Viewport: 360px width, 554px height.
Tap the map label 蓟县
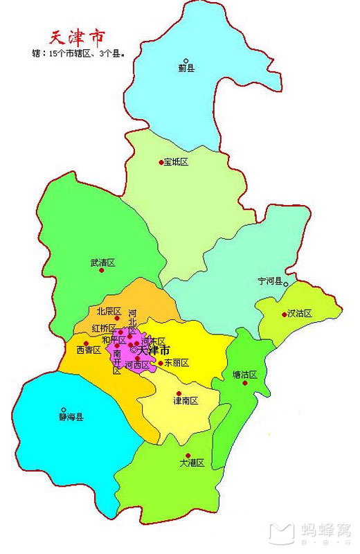(186, 69)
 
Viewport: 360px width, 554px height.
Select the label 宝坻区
(176, 162)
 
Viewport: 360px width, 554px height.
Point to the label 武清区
(102, 263)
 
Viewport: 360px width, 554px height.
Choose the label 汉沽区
(300, 314)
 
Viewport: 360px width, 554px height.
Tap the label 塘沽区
(245, 375)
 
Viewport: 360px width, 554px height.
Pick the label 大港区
(192, 463)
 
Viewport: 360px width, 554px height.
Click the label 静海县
(71, 418)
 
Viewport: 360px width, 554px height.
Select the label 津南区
(186, 401)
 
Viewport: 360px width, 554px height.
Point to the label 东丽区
(176, 363)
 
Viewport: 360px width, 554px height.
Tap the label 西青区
(89, 350)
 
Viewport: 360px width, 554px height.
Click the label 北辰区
(109, 311)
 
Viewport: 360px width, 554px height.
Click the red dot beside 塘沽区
(245, 383)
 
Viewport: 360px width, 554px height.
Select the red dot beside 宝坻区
(161, 162)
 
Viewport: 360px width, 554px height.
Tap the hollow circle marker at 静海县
(64, 409)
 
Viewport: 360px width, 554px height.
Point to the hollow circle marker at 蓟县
(186, 60)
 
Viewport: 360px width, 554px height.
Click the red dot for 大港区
(188, 455)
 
